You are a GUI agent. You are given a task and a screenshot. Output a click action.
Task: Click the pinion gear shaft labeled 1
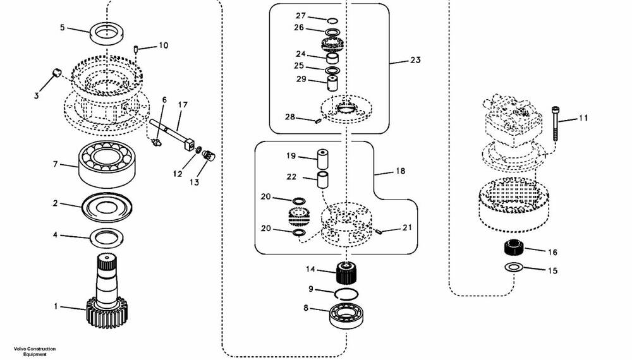click(x=106, y=294)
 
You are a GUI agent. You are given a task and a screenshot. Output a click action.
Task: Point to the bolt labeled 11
click(x=556, y=123)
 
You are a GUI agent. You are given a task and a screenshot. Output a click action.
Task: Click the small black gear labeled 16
click(x=513, y=246)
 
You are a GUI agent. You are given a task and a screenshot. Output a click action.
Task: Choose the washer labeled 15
click(x=513, y=267)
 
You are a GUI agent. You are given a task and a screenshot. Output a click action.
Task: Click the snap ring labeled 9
click(x=346, y=294)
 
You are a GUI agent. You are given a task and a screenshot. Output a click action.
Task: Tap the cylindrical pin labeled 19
click(x=322, y=159)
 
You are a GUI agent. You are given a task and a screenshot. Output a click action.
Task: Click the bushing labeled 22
click(x=322, y=180)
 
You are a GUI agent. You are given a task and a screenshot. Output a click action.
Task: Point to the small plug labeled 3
click(x=57, y=73)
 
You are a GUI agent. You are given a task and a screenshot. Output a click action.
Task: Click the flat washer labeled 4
click(x=106, y=238)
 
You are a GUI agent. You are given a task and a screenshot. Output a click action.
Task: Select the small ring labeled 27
click(x=332, y=21)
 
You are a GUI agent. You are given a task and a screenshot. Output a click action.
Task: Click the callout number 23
click(x=415, y=60)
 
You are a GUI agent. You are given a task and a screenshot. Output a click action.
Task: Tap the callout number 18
click(x=400, y=171)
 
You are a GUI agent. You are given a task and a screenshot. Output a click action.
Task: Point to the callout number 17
click(x=183, y=105)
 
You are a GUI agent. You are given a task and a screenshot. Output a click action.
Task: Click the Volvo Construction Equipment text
click(x=35, y=352)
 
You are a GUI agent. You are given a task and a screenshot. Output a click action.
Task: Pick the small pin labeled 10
click(x=137, y=49)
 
